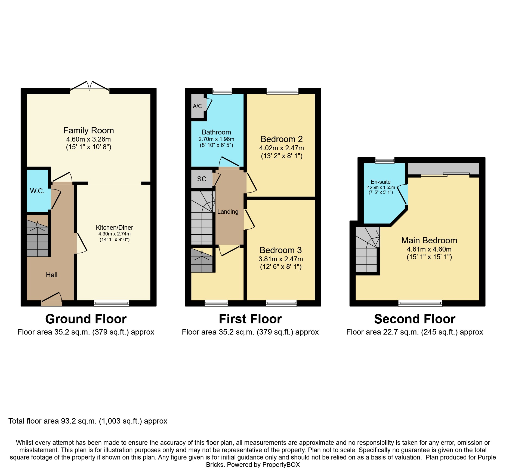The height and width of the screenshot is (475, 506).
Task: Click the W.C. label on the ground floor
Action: point(37,191)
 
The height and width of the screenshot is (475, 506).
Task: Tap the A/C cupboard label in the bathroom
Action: point(198,106)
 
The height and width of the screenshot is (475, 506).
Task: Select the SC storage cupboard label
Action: point(202,179)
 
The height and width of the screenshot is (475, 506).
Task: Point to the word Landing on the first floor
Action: point(228,212)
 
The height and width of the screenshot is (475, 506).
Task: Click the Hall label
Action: point(52,275)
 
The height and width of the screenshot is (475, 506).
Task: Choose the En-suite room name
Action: point(381,182)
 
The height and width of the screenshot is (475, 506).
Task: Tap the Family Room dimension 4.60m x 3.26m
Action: point(88,139)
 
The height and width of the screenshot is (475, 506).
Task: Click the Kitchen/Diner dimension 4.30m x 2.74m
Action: point(115,234)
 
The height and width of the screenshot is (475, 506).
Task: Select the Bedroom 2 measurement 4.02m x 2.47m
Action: point(282,148)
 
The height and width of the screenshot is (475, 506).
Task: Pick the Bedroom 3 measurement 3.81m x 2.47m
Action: point(281,259)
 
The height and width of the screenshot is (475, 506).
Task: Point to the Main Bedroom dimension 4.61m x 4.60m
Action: point(429,249)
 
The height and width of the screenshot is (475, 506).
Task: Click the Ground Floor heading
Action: point(86,319)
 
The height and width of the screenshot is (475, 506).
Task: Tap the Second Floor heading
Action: point(415,319)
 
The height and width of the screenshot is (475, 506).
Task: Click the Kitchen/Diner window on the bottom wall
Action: point(112,303)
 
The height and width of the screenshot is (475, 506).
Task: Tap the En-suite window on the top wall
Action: point(385,160)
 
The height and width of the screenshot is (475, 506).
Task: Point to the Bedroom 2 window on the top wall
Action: point(282,91)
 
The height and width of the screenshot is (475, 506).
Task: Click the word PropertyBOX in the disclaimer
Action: point(281,465)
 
